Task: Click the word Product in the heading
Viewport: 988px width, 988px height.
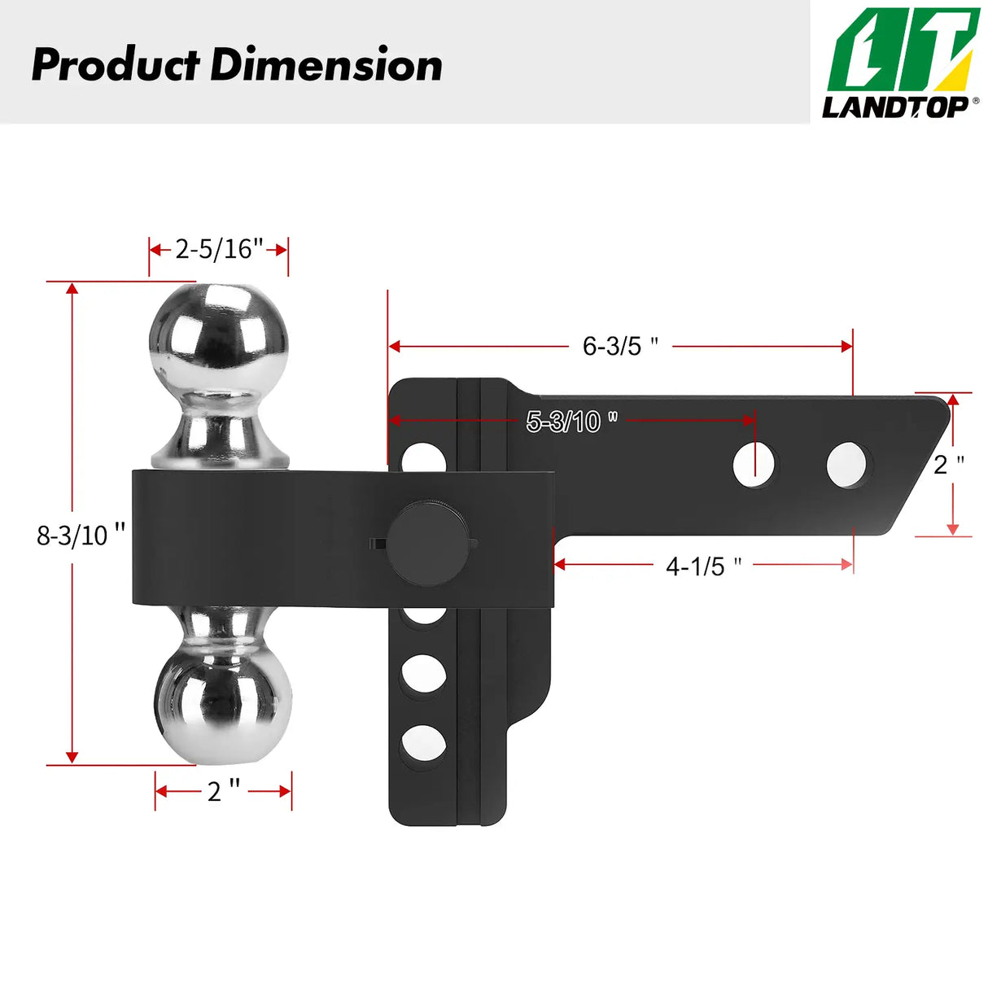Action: click(x=115, y=65)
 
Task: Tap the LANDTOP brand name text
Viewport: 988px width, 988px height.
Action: click(x=894, y=107)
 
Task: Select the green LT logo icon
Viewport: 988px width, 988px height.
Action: click(x=903, y=50)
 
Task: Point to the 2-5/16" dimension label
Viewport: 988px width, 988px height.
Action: click(x=219, y=248)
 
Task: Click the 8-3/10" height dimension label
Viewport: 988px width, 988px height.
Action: click(x=81, y=535)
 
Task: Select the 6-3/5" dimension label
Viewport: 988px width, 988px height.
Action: click(x=620, y=346)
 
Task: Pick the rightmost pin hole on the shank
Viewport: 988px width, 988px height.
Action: click(x=846, y=465)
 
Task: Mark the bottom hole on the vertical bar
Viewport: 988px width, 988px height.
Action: click(x=423, y=744)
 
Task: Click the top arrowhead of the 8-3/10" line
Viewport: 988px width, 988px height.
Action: click(x=72, y=288)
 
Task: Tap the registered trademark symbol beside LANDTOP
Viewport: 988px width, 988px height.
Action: click(x=975, y=101)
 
